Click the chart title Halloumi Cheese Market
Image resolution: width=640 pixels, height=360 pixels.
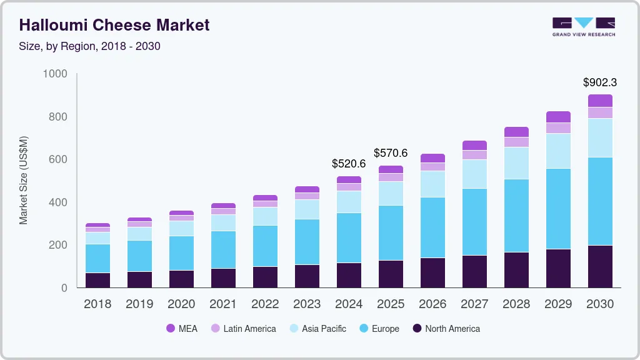114,25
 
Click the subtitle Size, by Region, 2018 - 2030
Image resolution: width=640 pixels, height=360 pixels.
90,46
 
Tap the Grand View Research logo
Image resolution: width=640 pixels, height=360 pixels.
583,26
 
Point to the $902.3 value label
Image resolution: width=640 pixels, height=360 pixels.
600,82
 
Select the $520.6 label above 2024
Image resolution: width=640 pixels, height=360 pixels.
349,164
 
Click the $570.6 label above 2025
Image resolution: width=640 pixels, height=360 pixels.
391,153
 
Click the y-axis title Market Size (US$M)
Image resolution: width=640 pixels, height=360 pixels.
23,180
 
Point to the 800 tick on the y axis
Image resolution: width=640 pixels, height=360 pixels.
55,117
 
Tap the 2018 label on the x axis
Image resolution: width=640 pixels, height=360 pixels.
97,304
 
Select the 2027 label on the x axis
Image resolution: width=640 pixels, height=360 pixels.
474,304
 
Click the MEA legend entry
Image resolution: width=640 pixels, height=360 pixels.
182,329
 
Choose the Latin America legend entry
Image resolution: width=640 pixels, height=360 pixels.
243,329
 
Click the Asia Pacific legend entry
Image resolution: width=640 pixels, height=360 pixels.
317,329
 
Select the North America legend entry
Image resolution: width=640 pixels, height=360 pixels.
446,329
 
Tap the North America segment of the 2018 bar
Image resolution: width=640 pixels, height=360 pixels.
97,280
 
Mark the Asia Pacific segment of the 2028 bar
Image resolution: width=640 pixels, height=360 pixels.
516,163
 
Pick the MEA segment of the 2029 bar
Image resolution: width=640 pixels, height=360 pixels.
558,117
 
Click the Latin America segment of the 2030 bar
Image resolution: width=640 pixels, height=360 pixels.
600,112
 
